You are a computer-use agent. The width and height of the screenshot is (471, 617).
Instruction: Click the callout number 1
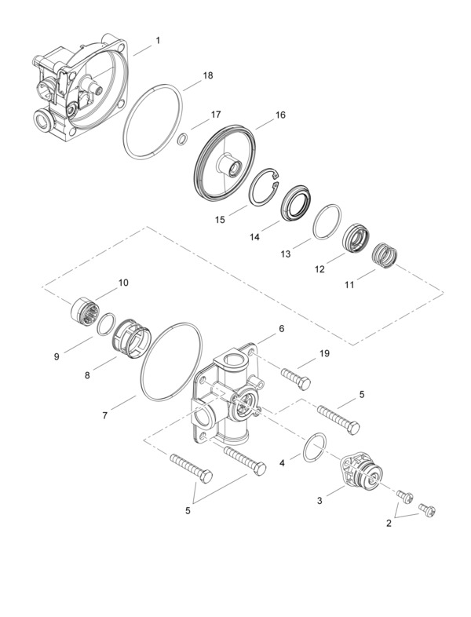coord(158,40)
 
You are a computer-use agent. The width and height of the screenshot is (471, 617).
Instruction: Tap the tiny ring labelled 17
coord(181,140)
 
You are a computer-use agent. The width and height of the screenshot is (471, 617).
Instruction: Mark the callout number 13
coord(286,254)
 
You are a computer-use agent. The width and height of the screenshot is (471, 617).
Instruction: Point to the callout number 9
coord(57,356)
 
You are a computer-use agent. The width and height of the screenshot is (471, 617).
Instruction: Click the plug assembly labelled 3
coord(362,476)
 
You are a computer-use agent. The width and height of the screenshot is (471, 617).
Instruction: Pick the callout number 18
coord(208,76)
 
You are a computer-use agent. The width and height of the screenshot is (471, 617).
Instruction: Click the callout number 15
coord(221,219)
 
